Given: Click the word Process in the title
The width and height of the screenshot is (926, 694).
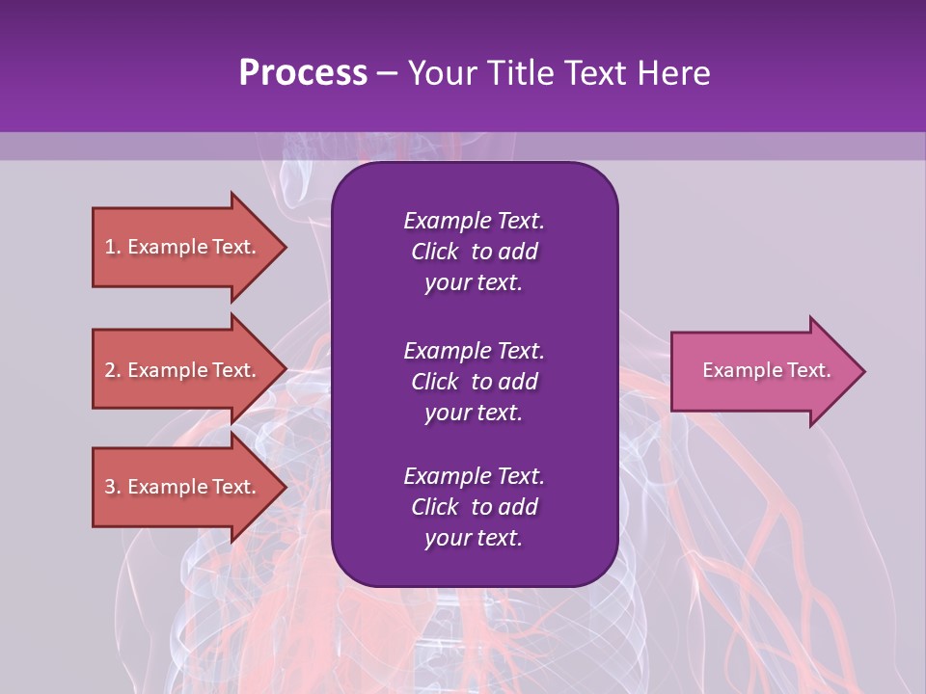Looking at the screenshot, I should [x=303, y=73].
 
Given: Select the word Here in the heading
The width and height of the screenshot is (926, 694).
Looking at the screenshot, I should [x=673, y=73].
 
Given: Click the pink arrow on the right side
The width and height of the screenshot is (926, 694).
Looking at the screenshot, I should [x=762, y=370].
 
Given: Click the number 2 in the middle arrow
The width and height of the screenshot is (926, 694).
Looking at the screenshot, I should [x=110, y=370].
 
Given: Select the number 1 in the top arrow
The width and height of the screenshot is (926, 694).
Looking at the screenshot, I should [x=110, y=247].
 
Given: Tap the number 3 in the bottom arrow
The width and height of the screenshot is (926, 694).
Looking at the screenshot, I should [x=110, y=487].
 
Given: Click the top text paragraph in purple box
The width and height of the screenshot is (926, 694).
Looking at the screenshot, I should [x=474, y=252].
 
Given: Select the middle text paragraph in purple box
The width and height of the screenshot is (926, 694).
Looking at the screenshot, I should [x=474, y=382].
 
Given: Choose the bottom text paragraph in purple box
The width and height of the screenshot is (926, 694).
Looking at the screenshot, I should [x=474, y=507].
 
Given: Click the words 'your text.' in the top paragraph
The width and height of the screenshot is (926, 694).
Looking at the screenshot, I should [x=474, y=283].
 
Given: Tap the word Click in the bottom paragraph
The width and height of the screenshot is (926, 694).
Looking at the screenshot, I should [x=434, y=507].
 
